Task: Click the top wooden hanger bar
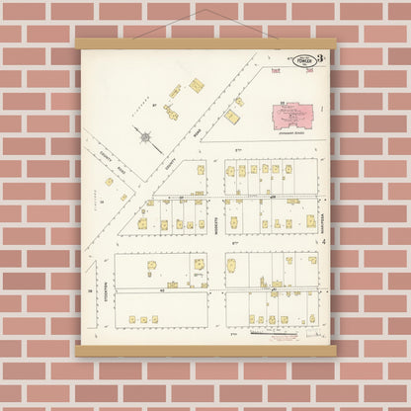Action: point(205,43)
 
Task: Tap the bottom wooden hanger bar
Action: point(205,350)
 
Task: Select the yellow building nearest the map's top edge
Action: point(196,85)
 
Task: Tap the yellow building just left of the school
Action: point(231,116)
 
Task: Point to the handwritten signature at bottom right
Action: point(314,334)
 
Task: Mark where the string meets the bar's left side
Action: point(133,39)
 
